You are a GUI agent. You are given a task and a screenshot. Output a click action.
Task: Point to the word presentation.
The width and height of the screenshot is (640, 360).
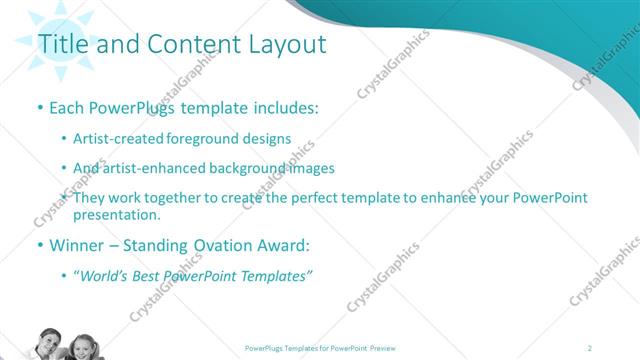[x=116, y=214]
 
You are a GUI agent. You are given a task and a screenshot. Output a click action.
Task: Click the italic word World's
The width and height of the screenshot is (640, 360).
[x=103, y=275]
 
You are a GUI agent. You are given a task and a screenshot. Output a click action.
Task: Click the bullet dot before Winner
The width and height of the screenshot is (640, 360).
[x=39, y=245]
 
